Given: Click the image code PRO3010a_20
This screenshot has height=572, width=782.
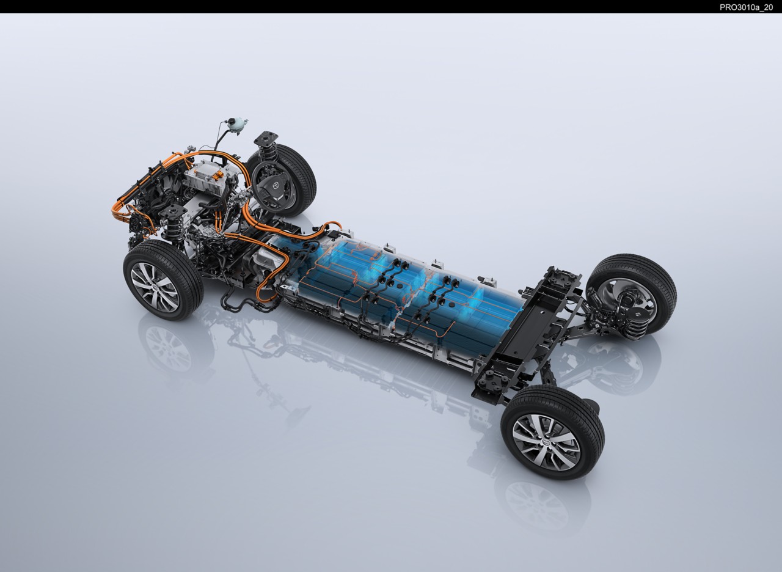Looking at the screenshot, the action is tap(746, 7).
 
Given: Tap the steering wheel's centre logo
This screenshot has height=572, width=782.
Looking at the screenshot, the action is tap(277, 185).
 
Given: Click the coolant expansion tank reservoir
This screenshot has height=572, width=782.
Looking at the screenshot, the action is tap(236, 125).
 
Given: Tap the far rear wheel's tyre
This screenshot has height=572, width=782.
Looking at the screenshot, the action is tap(631, 294).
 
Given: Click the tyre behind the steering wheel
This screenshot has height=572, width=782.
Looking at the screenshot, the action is tap(290, 180).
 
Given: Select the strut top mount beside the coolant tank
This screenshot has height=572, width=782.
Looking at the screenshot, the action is tap(266, 138).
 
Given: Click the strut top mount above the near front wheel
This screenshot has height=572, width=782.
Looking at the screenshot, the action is tap(172, 212).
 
